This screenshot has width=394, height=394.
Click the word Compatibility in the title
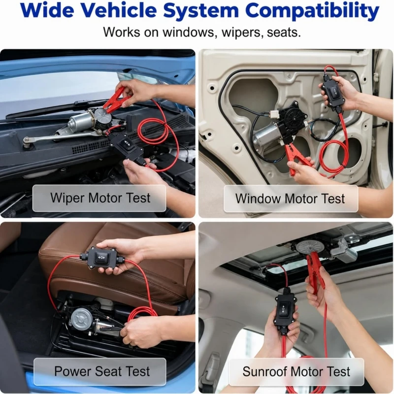click(x=314, y=11)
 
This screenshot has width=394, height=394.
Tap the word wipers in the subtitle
click(x=242, y=33)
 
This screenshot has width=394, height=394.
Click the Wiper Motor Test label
click(x=100, y=198)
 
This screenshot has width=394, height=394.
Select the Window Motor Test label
click(x=290, y=198)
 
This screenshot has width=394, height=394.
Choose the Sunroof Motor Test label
click(x=296, y=371)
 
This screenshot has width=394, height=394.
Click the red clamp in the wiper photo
click(x=118, y=100)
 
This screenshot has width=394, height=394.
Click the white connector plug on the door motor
click(x=276, y=115)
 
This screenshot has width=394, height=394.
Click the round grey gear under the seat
click(x=80, y=319)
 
